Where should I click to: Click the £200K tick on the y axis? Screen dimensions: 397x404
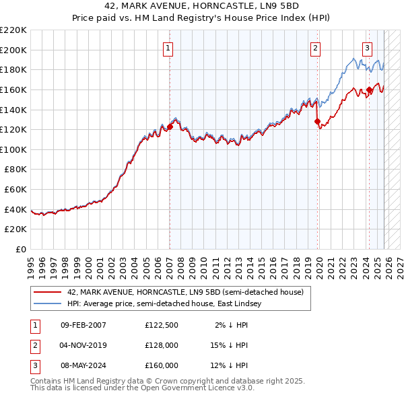click(x=14, y=50)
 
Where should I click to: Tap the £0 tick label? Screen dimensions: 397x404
click(x=22, y=250)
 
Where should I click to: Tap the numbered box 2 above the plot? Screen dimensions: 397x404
click(x=315, y=48)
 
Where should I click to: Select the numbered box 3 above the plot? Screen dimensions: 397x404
click(x=367, y=48)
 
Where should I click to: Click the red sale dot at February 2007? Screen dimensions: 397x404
click(x=170, y=127)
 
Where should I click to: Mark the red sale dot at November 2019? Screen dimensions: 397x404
click(x=317, y=121)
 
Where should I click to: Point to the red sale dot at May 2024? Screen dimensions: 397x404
click(x=369, y=89)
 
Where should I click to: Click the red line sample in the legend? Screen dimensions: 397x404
click(x=48, y=293)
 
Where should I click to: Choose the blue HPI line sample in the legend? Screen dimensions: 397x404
click(x=48, y=304)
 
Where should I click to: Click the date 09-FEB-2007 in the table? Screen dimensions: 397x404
click(x=83, y=325)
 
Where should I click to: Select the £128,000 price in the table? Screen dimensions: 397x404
click(x=162, y=345)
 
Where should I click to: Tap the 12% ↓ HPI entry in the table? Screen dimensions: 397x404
click(x=229, y=365)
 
